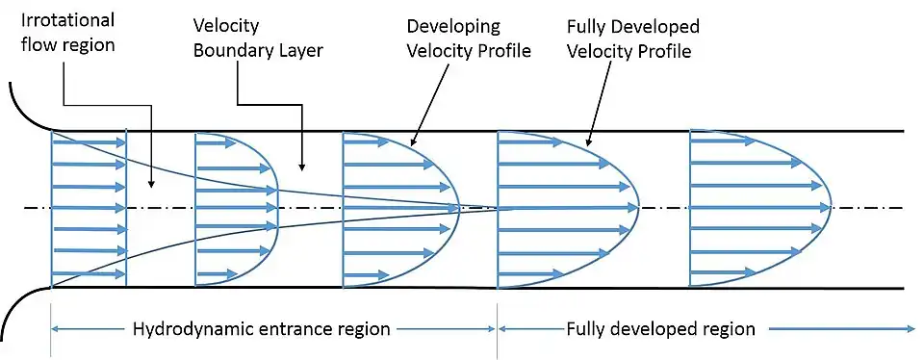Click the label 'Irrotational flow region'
(67, 32)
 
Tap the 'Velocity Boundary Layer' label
(258, 39)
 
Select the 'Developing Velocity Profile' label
(469, 39)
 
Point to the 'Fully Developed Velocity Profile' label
(633, 39)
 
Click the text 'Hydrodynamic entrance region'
(262, 328)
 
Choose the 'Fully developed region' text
(660, 328)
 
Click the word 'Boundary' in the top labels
(232, 50)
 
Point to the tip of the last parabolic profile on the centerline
(831, 207)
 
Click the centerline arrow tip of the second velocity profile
(277, 207)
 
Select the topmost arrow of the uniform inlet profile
(90, 142)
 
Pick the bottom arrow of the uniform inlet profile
(90, 273)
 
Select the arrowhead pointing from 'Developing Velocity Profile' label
(412, 141)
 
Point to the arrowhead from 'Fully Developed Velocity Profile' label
(589, 141)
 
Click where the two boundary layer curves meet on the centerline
(497, 207)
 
